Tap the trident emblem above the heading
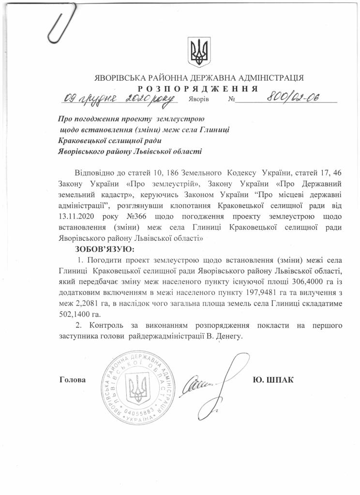point(198,52)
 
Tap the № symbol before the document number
point(231,100)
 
